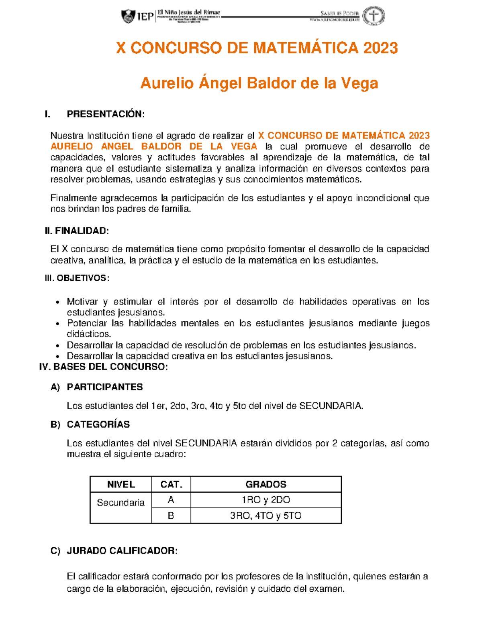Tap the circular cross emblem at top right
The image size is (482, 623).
(374, 16)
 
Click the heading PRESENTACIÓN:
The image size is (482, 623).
(105, 114)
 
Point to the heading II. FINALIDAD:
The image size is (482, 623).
(77, 231)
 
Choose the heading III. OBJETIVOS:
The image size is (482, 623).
(77, 278)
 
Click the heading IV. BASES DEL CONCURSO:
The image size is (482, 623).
(103, 367)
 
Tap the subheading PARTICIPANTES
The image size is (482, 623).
(105, 387)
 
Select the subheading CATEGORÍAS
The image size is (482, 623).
(98, 424)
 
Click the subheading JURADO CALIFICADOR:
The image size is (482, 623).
(122, 551)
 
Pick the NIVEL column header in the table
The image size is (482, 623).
(121, 485)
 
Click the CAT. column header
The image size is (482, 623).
(171, 485)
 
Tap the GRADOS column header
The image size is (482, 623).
(266, 485)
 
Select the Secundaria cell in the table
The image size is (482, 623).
(121, 503)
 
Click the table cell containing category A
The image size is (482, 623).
(171, 500)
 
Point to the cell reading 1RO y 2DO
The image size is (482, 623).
(266, 500)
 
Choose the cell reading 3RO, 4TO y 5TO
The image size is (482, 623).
(266, 516)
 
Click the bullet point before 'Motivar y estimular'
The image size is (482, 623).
(58, 302)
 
